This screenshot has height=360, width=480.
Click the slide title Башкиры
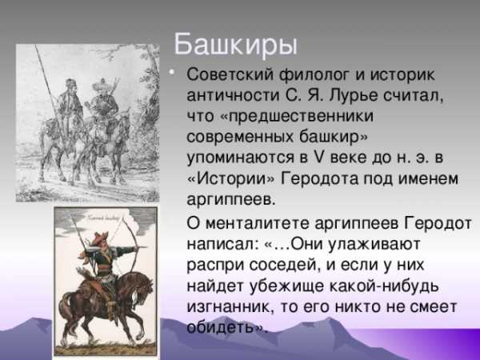[x=235, y=45]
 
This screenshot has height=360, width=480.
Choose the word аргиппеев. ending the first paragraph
[x=231, y=199]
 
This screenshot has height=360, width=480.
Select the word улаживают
[x=374, y=245]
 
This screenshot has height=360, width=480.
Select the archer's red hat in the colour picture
[x=100, y=238]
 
